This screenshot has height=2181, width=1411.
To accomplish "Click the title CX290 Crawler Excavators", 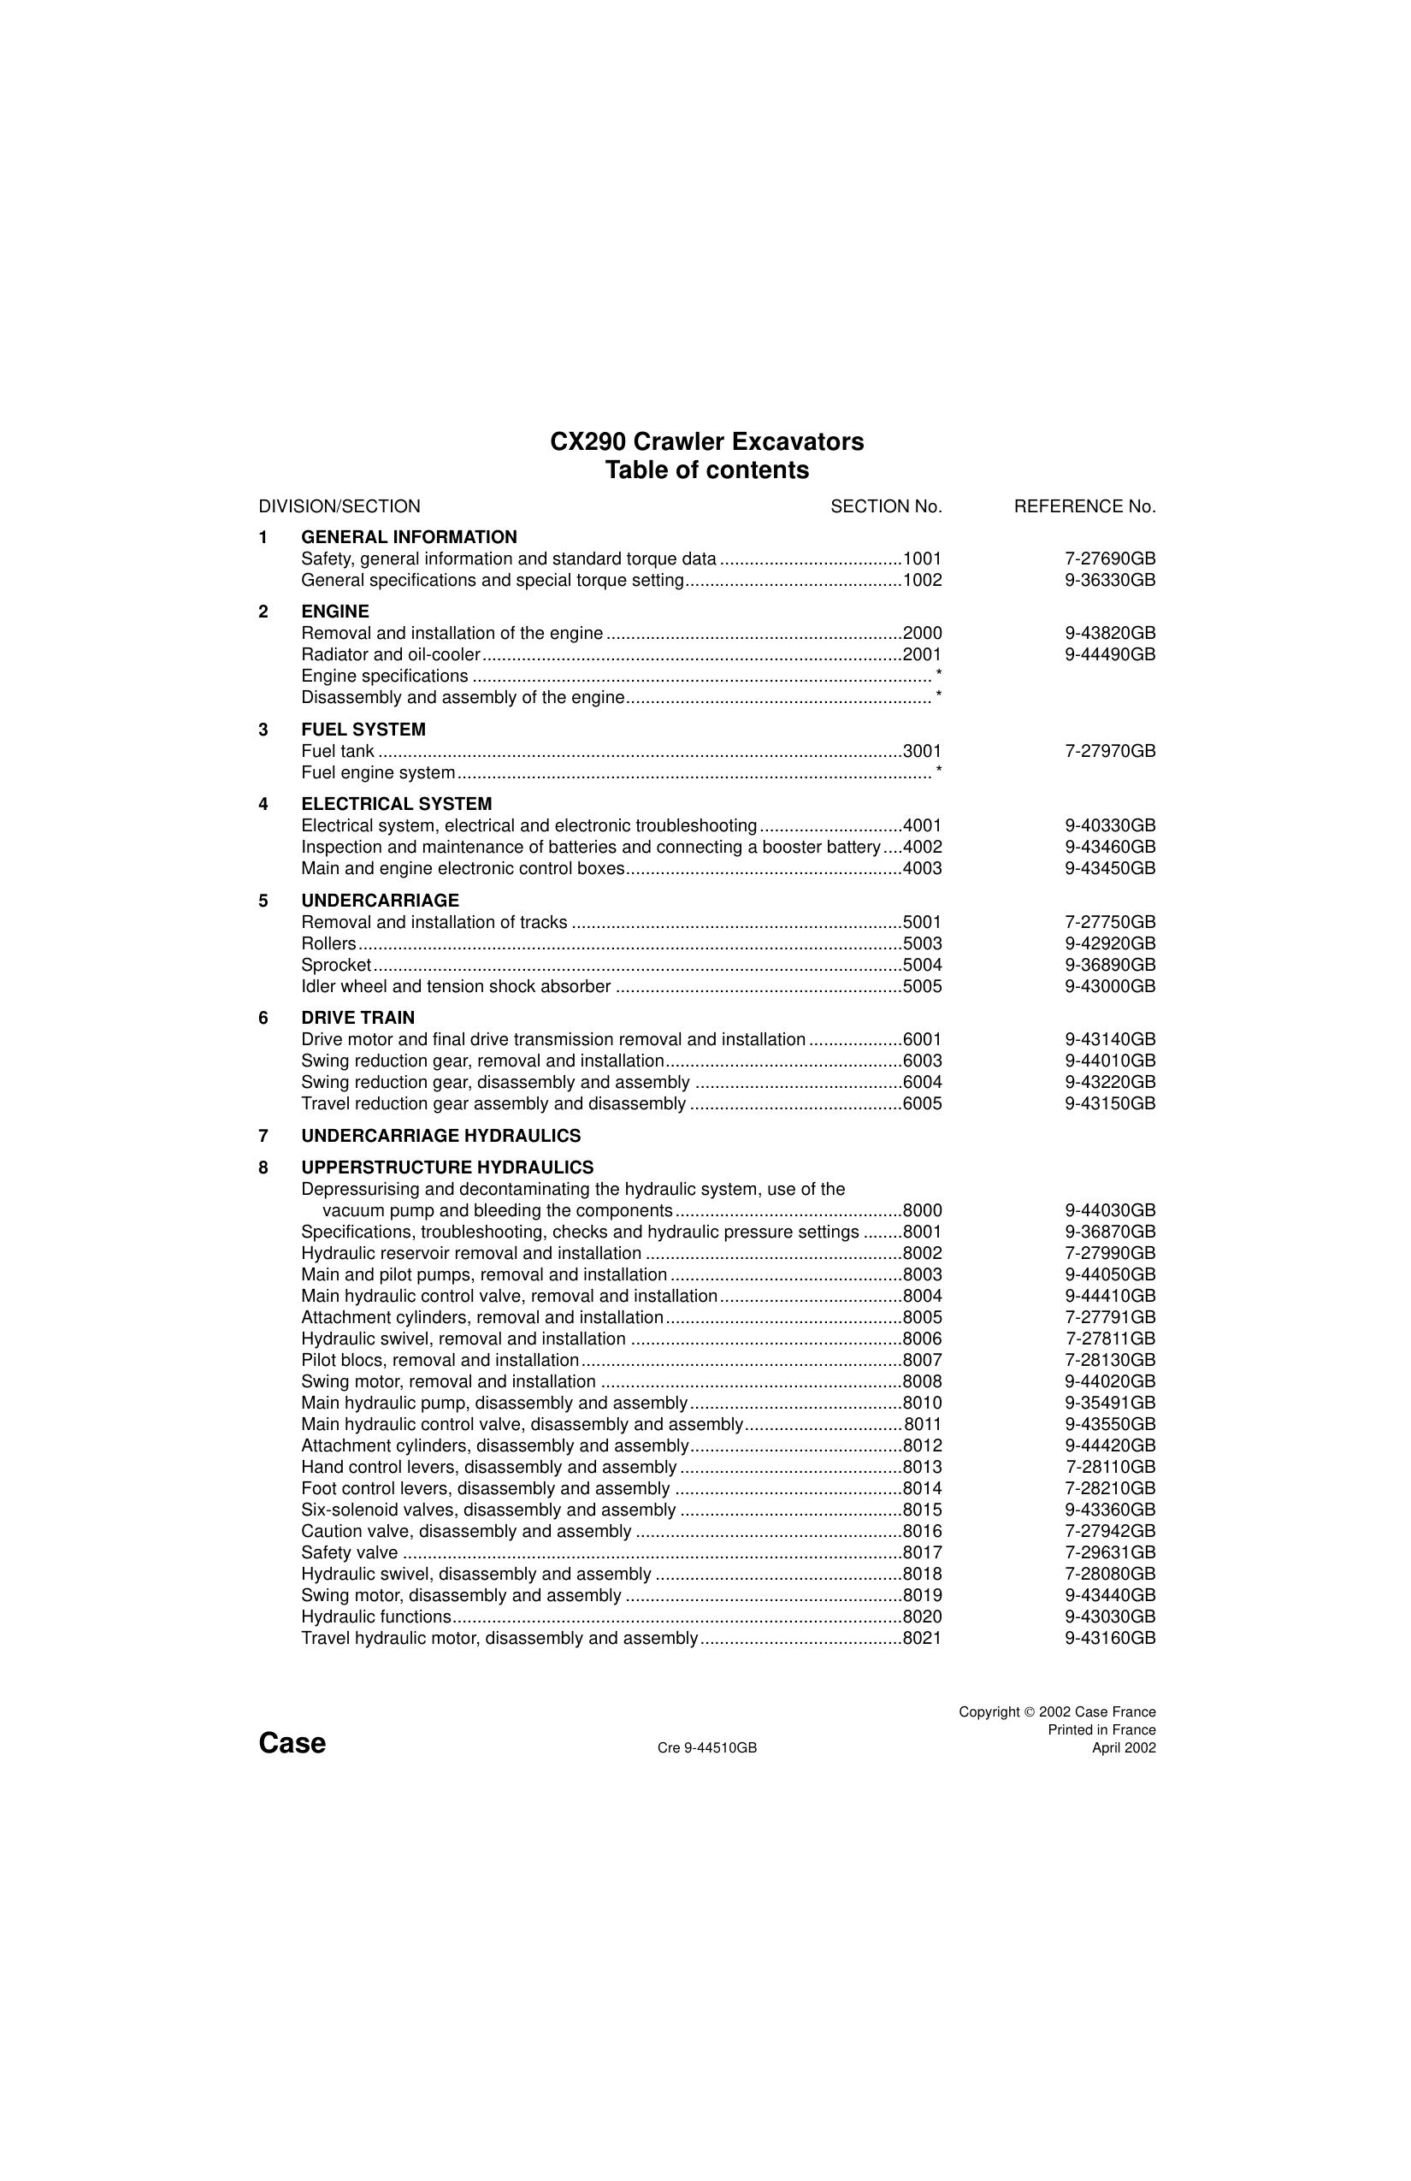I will [706, 441].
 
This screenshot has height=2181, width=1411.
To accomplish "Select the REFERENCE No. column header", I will [1084, 505].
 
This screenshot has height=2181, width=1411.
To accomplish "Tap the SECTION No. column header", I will [886, 505].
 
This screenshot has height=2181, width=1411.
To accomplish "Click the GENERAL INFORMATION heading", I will [409, 537].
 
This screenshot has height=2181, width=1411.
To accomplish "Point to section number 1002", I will [922, 580].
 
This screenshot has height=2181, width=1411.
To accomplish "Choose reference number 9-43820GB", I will [1110, 633].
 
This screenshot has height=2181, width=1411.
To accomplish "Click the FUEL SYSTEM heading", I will [363, 730].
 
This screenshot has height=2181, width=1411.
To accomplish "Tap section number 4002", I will [922, 847].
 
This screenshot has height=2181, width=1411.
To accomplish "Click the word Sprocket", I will [336, 965].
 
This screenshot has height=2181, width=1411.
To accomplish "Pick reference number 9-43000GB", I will [1110, 986].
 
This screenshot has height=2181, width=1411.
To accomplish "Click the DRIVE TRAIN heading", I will [357, 1017].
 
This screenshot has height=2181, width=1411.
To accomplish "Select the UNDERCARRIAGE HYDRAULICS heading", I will [440, 1136].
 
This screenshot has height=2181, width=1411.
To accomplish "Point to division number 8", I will [264, 1167].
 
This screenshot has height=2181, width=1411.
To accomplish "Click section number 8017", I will [922, 1552].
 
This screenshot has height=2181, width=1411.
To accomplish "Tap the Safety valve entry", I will [349, 1552].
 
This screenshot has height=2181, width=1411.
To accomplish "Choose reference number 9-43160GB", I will [1110, 1638].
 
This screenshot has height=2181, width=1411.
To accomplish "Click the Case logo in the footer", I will [292, 1742].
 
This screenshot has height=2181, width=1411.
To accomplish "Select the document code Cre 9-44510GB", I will [706, 1747].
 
